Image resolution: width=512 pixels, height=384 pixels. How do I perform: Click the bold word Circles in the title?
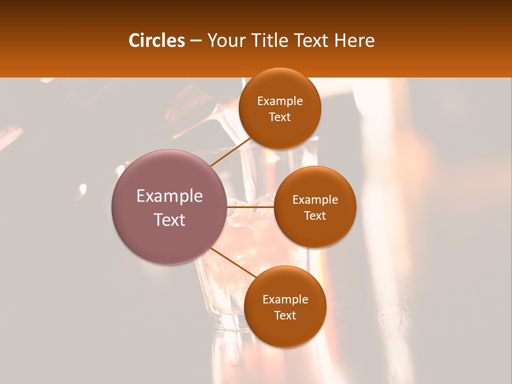(x=156, y=41)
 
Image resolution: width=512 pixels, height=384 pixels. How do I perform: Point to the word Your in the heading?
(x=224, y=41)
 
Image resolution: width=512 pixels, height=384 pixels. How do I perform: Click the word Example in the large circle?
(x=170, y=196)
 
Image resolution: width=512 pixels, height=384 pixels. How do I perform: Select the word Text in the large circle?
(x=170, y=220)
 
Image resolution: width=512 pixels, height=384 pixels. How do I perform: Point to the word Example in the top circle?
(x=280, y=101)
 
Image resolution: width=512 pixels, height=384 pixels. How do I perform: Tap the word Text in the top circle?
(x=280, y=117)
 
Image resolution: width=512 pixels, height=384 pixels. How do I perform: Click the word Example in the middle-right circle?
(x=315, y=200)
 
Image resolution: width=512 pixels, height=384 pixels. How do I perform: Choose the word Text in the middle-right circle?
(x=315, y=215)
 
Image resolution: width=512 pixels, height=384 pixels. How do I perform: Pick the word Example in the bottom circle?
(x=285, y=300)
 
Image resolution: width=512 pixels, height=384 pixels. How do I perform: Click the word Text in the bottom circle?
(x=285, y=315)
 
